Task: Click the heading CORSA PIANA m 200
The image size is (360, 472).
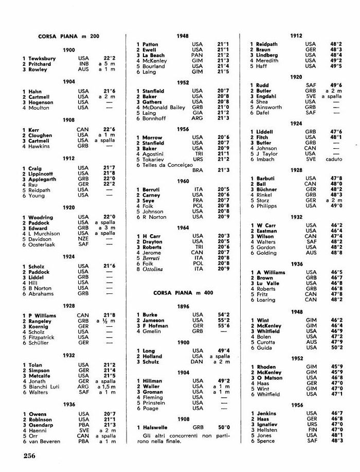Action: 69,37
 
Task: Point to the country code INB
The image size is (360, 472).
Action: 83,64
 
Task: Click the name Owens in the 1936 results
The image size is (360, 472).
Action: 38,414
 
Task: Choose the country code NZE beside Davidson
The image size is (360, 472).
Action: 83,239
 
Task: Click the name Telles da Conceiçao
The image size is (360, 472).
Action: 167,164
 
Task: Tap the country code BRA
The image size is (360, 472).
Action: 197,170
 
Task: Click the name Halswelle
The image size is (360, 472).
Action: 156,427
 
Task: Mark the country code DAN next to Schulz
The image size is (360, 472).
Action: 197,361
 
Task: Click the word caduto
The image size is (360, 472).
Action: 334,159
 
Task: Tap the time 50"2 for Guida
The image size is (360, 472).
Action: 336,347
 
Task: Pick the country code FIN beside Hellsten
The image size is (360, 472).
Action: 311,429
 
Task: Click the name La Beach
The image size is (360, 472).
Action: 154,55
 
